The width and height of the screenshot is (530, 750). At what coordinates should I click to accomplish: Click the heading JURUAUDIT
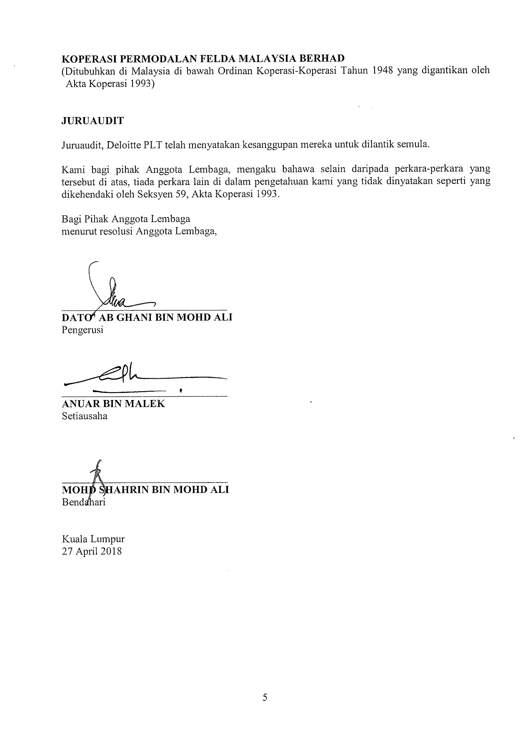(x=92, y=121)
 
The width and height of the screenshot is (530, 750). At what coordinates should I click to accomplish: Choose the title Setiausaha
(x=85, y=416)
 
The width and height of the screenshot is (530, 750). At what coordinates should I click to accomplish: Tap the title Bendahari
(x=84, y=502)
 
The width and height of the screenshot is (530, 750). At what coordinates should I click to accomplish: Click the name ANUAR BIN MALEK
(x=113, y=403)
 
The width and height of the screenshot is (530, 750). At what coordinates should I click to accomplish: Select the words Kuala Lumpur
(x=93, y=539)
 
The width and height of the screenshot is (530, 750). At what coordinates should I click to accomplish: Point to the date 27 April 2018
(x=92, y=551)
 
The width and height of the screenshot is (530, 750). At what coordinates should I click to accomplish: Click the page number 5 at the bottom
(x=265, y=697)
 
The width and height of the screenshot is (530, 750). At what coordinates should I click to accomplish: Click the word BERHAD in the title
(x=323, y=58)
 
